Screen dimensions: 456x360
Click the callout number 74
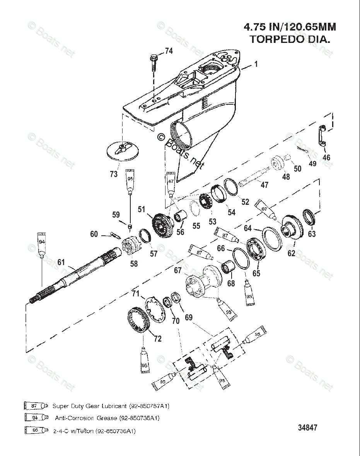click(169, 51)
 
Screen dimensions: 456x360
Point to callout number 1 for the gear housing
click(256, 64)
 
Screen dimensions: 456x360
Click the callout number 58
click(134, 264)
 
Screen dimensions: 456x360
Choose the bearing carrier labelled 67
click(201, 282)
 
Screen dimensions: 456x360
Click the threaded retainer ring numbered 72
click(138, 320)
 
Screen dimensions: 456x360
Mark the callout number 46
click(326, 157)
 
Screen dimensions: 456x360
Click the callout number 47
click(264, 185)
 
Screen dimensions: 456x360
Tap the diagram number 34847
click(307, 428)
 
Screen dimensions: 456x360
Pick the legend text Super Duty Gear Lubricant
click(89, 406)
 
